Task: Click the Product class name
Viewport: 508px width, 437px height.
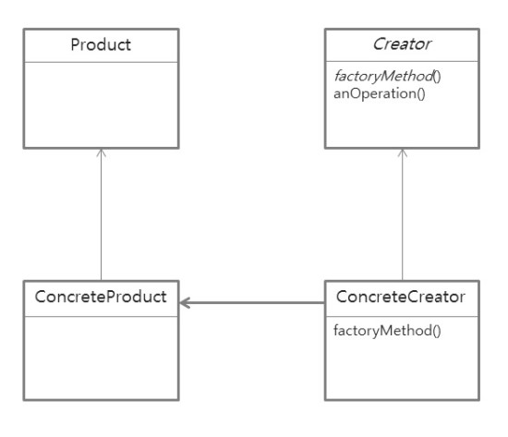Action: [101, 45]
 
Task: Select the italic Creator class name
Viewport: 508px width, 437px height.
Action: [403, 45]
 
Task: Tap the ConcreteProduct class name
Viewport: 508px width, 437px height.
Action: [101, 297]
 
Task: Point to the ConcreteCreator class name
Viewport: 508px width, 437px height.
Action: [403, 297]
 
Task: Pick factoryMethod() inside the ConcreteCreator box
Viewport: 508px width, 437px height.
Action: [374, 329]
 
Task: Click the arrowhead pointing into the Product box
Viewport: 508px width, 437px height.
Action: [101, 152]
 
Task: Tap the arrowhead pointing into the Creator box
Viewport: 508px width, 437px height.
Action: [403, 152]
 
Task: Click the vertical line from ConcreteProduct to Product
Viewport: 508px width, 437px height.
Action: [101, 217]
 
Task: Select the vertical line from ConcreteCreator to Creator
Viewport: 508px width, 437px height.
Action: [403, 217]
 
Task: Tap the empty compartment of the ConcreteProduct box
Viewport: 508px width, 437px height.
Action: [101, 357]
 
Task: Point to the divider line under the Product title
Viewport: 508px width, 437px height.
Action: [101, 62]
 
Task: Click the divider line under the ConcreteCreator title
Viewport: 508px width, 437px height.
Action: [403, 315]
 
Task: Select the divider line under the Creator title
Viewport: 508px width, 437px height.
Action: [403, 62]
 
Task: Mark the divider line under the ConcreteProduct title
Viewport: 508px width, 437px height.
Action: [101, 315]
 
